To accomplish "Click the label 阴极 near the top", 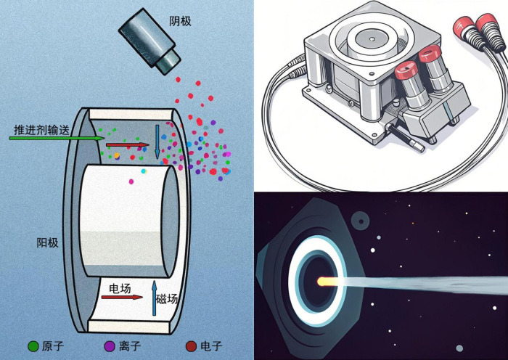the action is [x=180, y=21].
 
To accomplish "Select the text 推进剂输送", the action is [x=41, y=130].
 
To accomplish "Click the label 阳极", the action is [x=47, y=242].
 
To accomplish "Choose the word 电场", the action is [x=120, y=288].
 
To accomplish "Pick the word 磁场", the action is [x=167, y=298].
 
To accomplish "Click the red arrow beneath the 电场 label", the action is [x=122, y=297].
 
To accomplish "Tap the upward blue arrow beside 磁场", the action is [x=154, y=298].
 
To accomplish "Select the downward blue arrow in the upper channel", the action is [x=157, y=142].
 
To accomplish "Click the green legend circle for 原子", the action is [x=33, y=346].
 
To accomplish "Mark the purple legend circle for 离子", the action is [x=110, y=346].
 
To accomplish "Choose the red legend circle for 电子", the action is [x=191, y=346].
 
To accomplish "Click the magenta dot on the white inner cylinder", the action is [x=131, y=181].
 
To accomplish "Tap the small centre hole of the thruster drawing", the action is [x=372, y=39].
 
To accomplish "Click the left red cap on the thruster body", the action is [x=407, y=71].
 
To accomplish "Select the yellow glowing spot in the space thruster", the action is [x=327, y=281].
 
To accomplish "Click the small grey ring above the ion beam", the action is [x=360, y=221].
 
